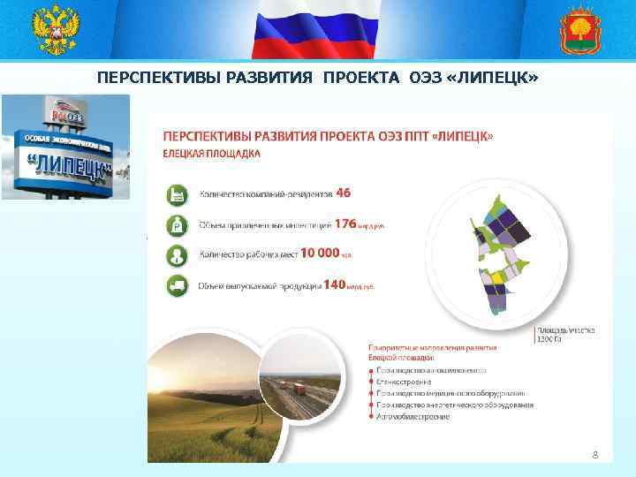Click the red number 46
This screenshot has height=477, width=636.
[344, 192]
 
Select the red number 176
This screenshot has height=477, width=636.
[344, 224]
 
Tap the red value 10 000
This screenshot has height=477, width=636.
[320, 253]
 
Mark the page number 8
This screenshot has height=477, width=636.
[594, 453]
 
